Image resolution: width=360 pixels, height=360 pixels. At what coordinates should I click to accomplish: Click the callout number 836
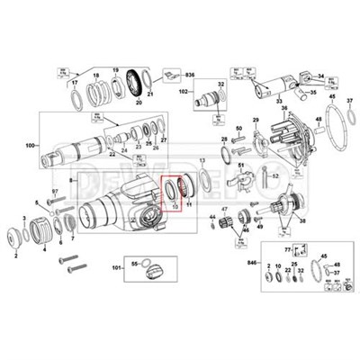pyautogui.click(x=190, y=74)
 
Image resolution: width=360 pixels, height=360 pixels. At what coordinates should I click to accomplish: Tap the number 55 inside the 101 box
pyautogui.click(x=136, y=261)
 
